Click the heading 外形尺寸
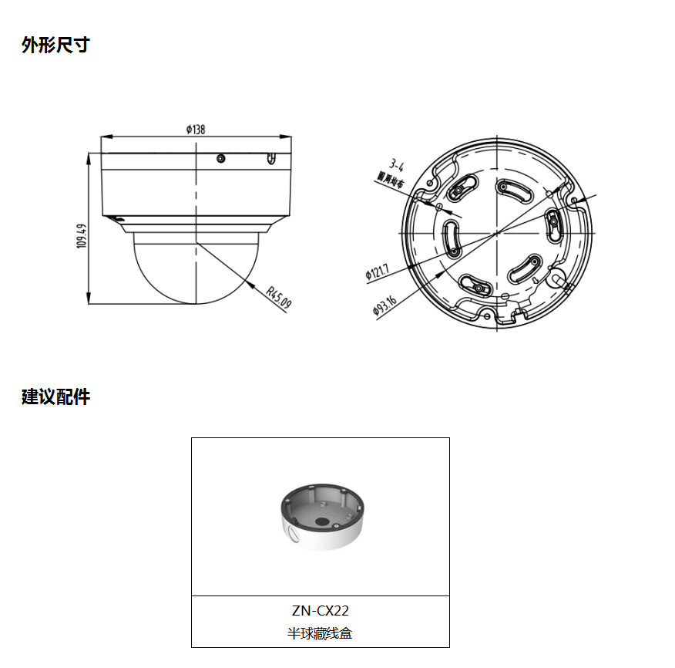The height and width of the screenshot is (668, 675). pos(55,45)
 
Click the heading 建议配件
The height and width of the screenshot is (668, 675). pos(55,397)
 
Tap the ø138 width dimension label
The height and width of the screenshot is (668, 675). pos(195,130)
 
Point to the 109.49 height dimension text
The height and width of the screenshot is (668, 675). pos(81,236)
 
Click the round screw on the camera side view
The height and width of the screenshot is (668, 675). pos(221,159)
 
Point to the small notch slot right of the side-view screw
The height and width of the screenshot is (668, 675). pos(270,159)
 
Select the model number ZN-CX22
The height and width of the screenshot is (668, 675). pos(321,611)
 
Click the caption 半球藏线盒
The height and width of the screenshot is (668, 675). pos(321,634)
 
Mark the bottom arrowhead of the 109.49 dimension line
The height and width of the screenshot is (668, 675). pos(89,300)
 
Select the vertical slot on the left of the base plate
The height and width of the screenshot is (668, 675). pos(451,238)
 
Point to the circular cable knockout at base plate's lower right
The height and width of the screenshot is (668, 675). pos(560,278)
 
